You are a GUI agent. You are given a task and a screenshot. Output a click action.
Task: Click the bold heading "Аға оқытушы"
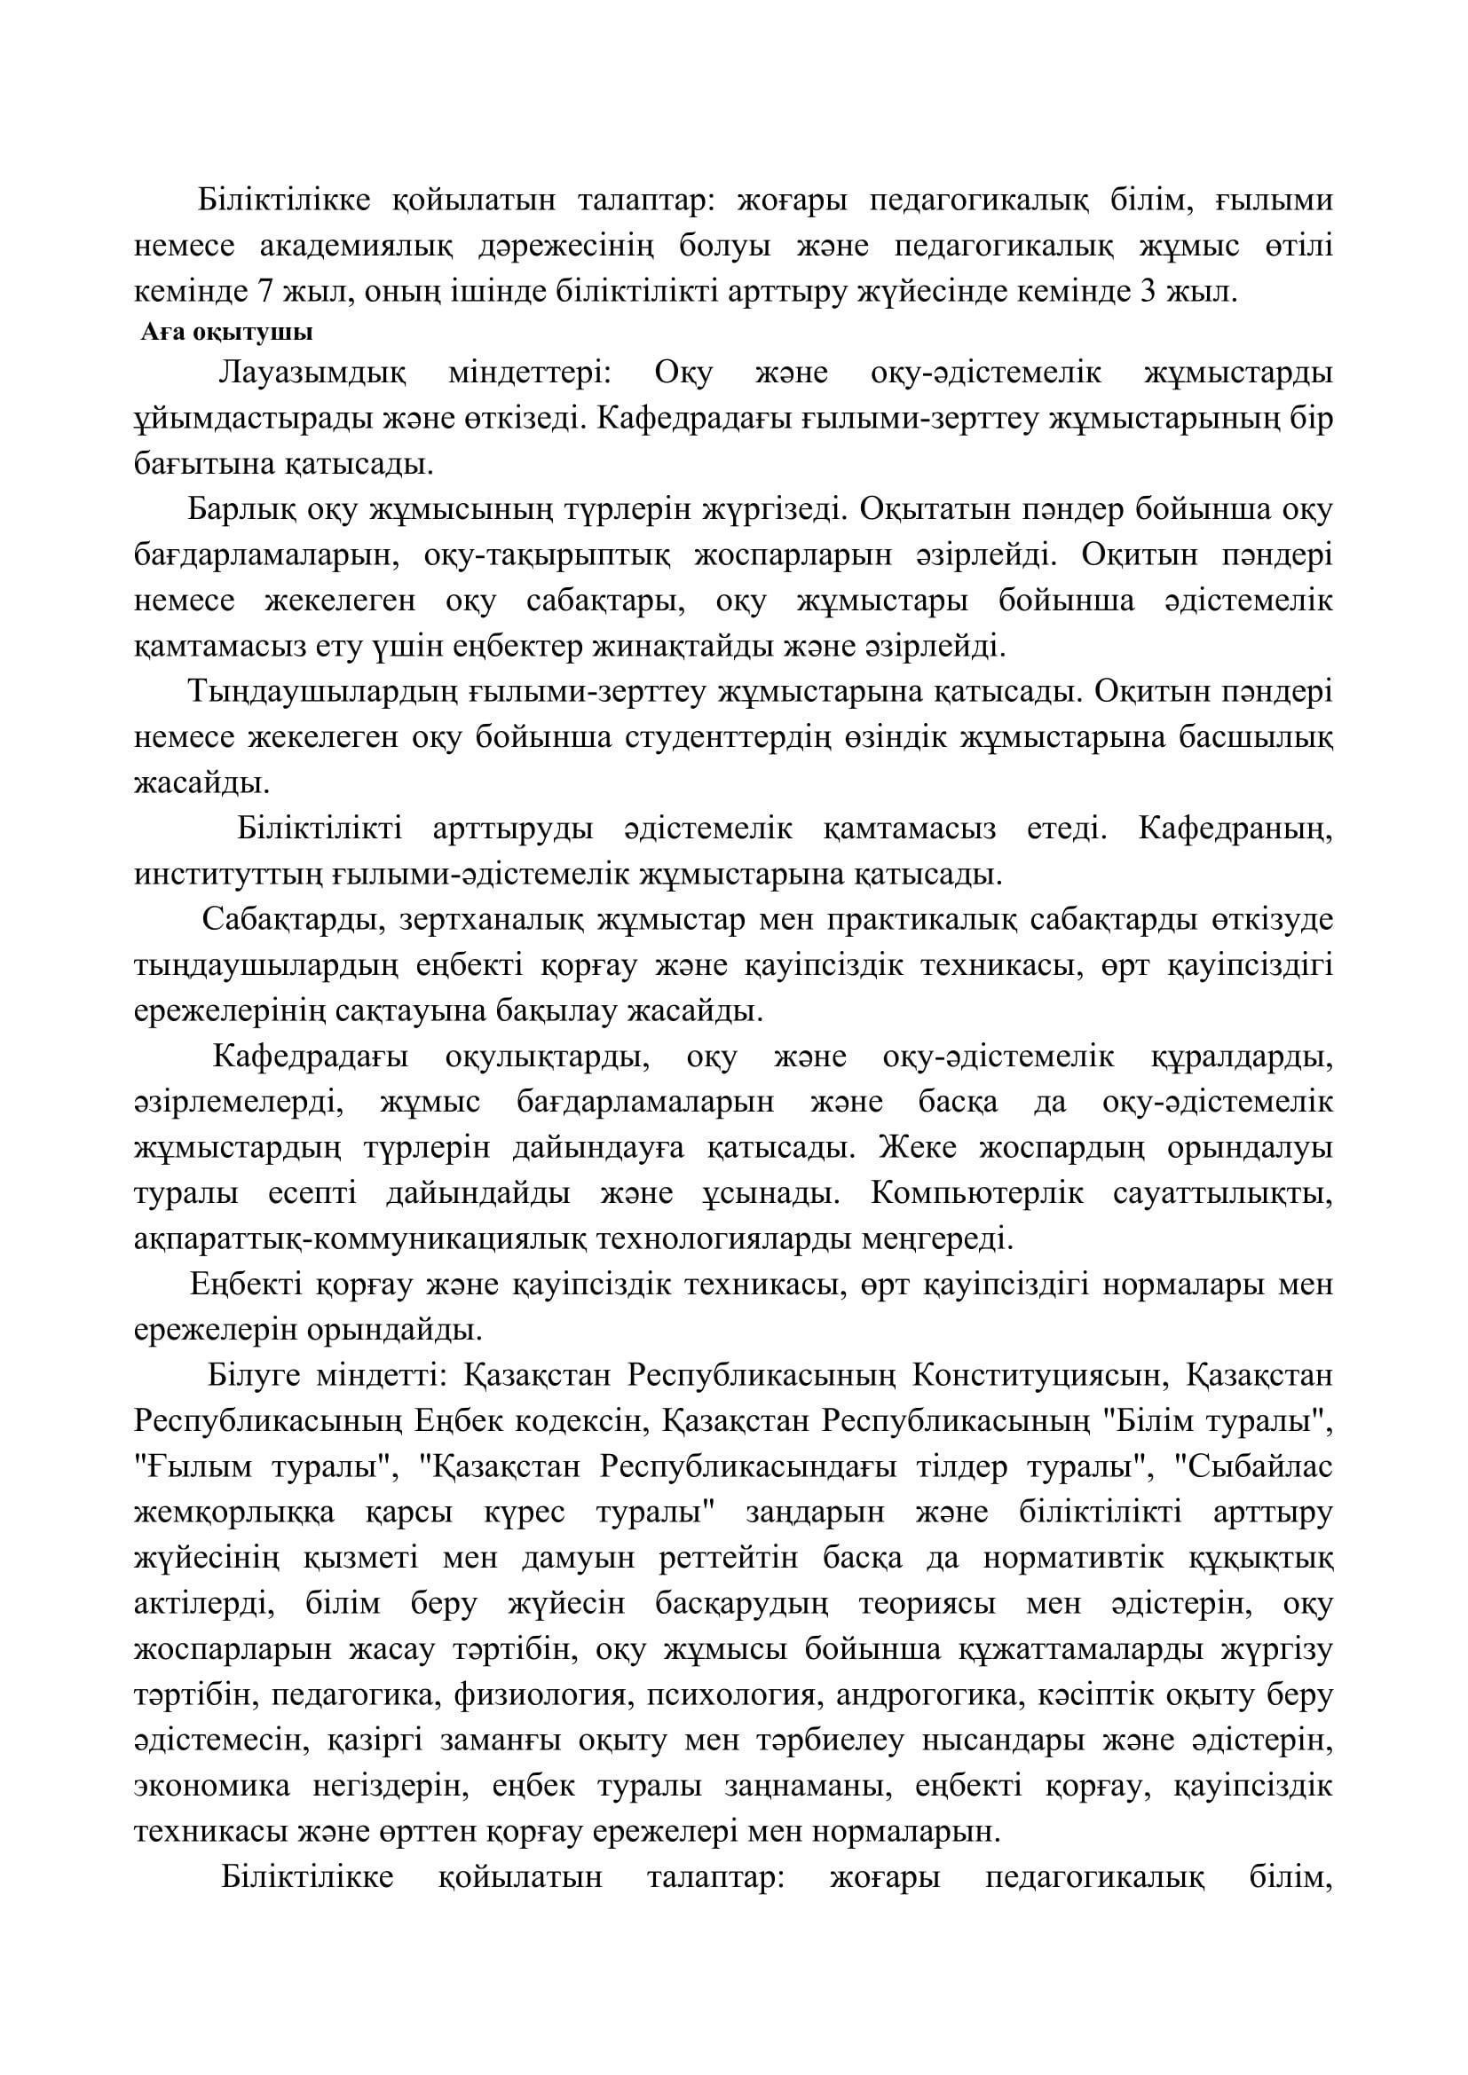[x=226, y=333]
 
